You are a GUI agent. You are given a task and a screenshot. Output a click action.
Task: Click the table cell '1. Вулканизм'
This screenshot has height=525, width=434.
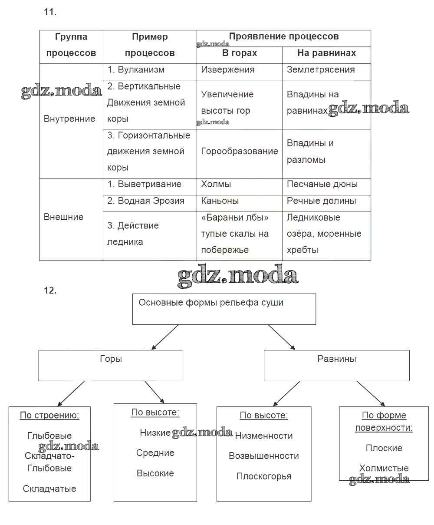136,70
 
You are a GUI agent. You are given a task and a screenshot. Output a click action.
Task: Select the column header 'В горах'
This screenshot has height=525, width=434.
240,53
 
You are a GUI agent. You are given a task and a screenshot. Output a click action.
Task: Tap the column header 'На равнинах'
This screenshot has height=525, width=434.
326,53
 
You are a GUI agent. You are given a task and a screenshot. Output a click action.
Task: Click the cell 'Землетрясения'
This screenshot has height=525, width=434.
321,70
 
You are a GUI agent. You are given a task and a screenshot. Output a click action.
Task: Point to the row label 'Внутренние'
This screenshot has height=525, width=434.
69,119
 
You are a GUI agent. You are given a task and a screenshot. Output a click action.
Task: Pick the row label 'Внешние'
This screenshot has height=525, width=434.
63,217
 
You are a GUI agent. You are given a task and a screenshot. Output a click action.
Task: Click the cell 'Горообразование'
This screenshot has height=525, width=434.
240,151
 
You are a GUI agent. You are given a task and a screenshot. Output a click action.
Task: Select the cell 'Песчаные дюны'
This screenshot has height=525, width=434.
322,184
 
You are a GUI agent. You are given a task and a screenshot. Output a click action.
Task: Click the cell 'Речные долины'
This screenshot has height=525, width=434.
321,201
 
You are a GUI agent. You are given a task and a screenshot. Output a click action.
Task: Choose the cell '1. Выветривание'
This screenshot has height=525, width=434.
144,184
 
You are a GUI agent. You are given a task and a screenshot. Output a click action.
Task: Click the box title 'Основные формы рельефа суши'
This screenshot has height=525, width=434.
211,303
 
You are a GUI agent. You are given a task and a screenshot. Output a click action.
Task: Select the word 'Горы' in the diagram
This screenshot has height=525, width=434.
111,359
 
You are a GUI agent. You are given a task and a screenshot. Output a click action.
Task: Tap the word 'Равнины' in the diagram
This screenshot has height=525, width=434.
337,359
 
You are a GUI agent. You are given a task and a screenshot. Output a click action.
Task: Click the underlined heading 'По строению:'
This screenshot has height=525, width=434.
49,416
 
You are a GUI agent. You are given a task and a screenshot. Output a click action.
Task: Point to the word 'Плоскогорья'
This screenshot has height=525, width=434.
264,476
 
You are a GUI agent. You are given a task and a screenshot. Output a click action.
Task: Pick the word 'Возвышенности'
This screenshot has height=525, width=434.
264,456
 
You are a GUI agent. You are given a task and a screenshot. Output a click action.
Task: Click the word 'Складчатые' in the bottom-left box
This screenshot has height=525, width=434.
49,489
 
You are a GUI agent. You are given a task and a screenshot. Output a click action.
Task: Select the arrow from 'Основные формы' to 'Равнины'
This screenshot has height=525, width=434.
282,337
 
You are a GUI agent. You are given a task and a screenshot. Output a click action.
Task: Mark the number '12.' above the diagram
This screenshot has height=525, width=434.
50,291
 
